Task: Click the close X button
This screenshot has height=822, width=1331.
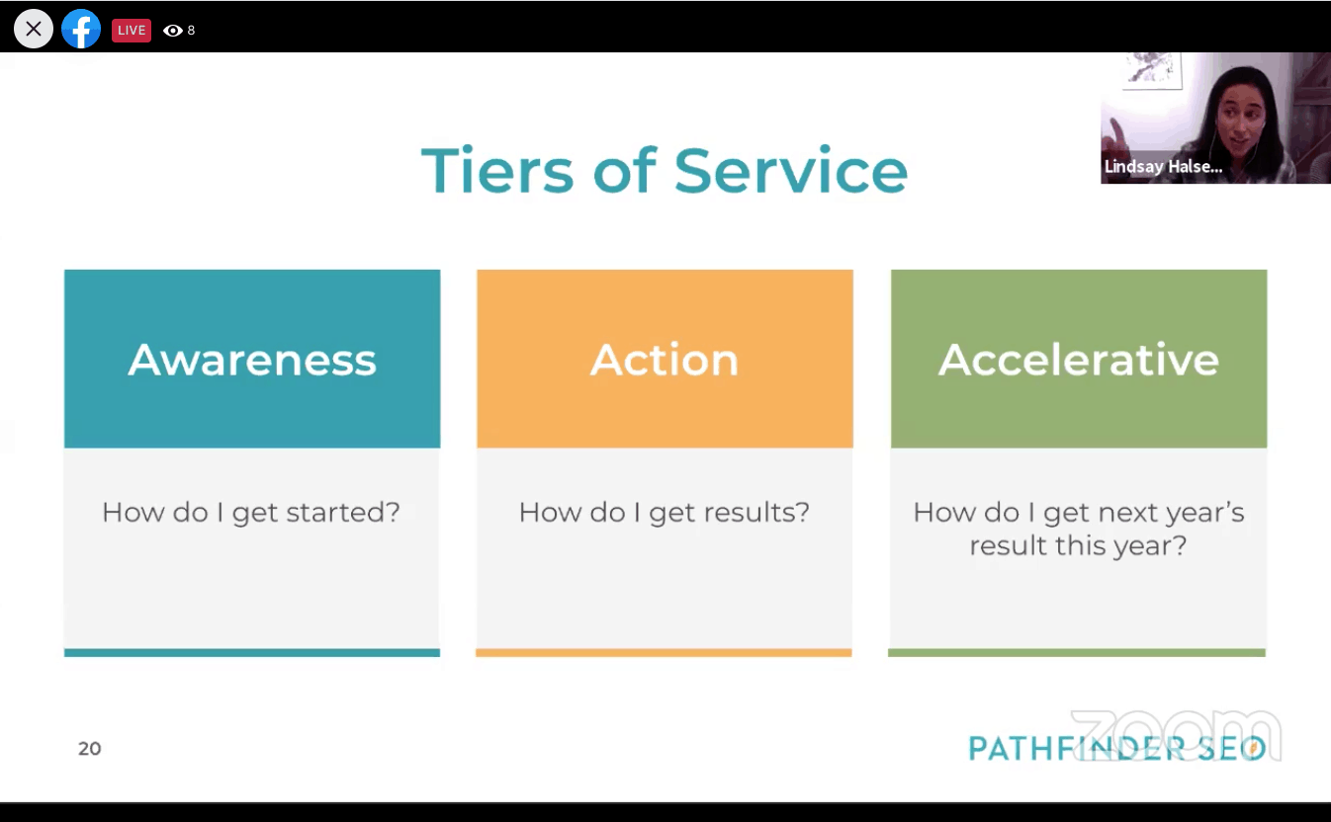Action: [34, 29]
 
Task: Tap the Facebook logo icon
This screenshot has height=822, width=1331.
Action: [81, 29]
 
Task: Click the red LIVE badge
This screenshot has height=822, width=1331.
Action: [132, 31]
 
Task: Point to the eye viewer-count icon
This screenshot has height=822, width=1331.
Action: [172, 31]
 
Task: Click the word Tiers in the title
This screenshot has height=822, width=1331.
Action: [497, 170]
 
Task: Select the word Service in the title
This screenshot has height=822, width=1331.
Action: [791, 170]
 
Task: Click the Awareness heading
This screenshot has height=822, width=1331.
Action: [252, 360]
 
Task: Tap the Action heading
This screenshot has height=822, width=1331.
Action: [665, 360]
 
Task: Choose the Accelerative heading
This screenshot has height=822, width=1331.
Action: [1079, 360]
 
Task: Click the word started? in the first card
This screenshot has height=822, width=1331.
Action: [343, 512]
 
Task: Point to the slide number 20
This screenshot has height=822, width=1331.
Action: [90, 749]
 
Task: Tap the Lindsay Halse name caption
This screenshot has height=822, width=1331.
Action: [1163, 166]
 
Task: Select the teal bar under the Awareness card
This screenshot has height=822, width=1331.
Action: [252, 653]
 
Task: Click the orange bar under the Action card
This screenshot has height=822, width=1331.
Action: [664, 653]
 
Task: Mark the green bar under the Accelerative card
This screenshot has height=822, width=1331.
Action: [1077, 653]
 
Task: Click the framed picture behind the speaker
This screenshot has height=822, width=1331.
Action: [1152, 70]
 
